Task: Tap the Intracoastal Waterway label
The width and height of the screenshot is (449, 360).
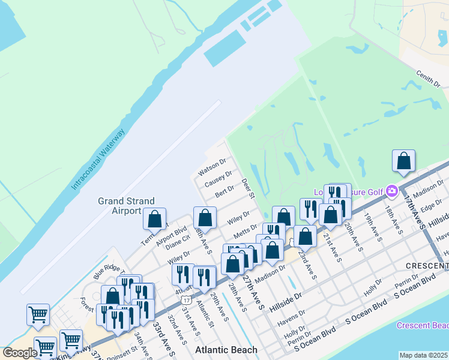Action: pos(98,159)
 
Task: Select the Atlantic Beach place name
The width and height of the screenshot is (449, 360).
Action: pos(227,350)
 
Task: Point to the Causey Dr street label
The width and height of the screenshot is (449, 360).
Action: pos(218,178)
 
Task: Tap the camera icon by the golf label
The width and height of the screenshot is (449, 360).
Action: pos(393,191)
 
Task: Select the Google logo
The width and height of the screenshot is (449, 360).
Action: pos(20,352)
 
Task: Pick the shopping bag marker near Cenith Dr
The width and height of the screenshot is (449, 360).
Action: pos(404,161)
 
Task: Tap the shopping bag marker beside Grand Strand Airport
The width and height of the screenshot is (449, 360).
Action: pos(155,220)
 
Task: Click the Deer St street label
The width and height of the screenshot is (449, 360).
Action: pos(249,188)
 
